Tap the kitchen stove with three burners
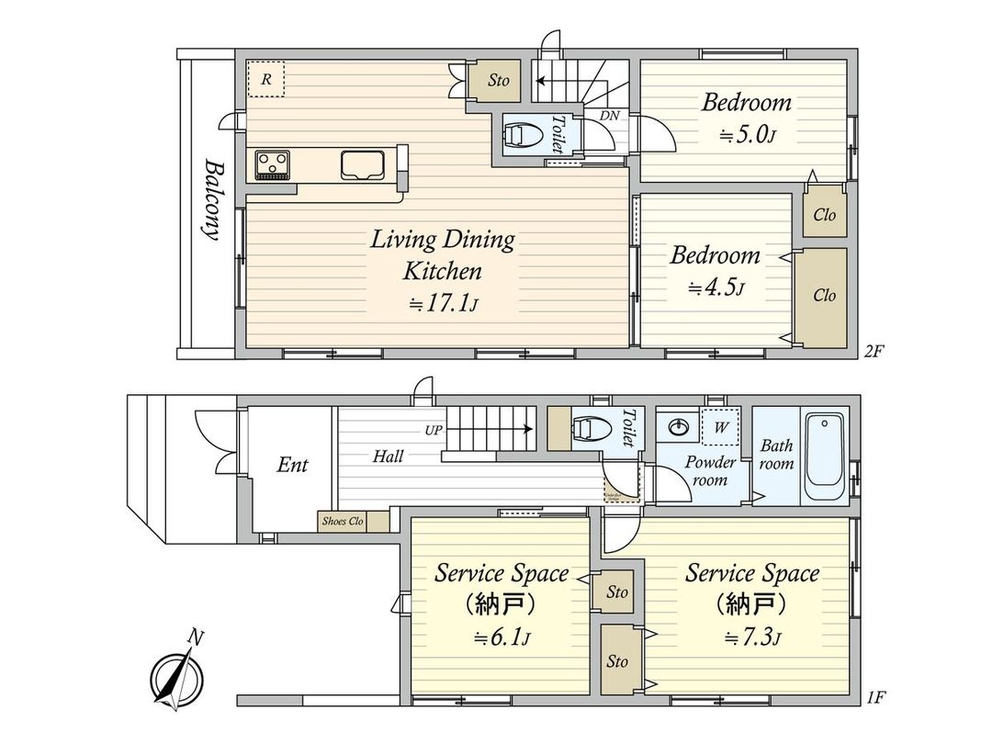pos(273,164)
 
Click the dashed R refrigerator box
pos(266,79)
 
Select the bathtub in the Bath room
pos(824,456)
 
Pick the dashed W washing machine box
pos(721,425)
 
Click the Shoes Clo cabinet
pos(343,521)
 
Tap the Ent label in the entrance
pos(292,465)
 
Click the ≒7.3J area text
pos(751,637)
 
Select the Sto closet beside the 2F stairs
pos(498,81)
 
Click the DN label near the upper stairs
pos(608,115)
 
